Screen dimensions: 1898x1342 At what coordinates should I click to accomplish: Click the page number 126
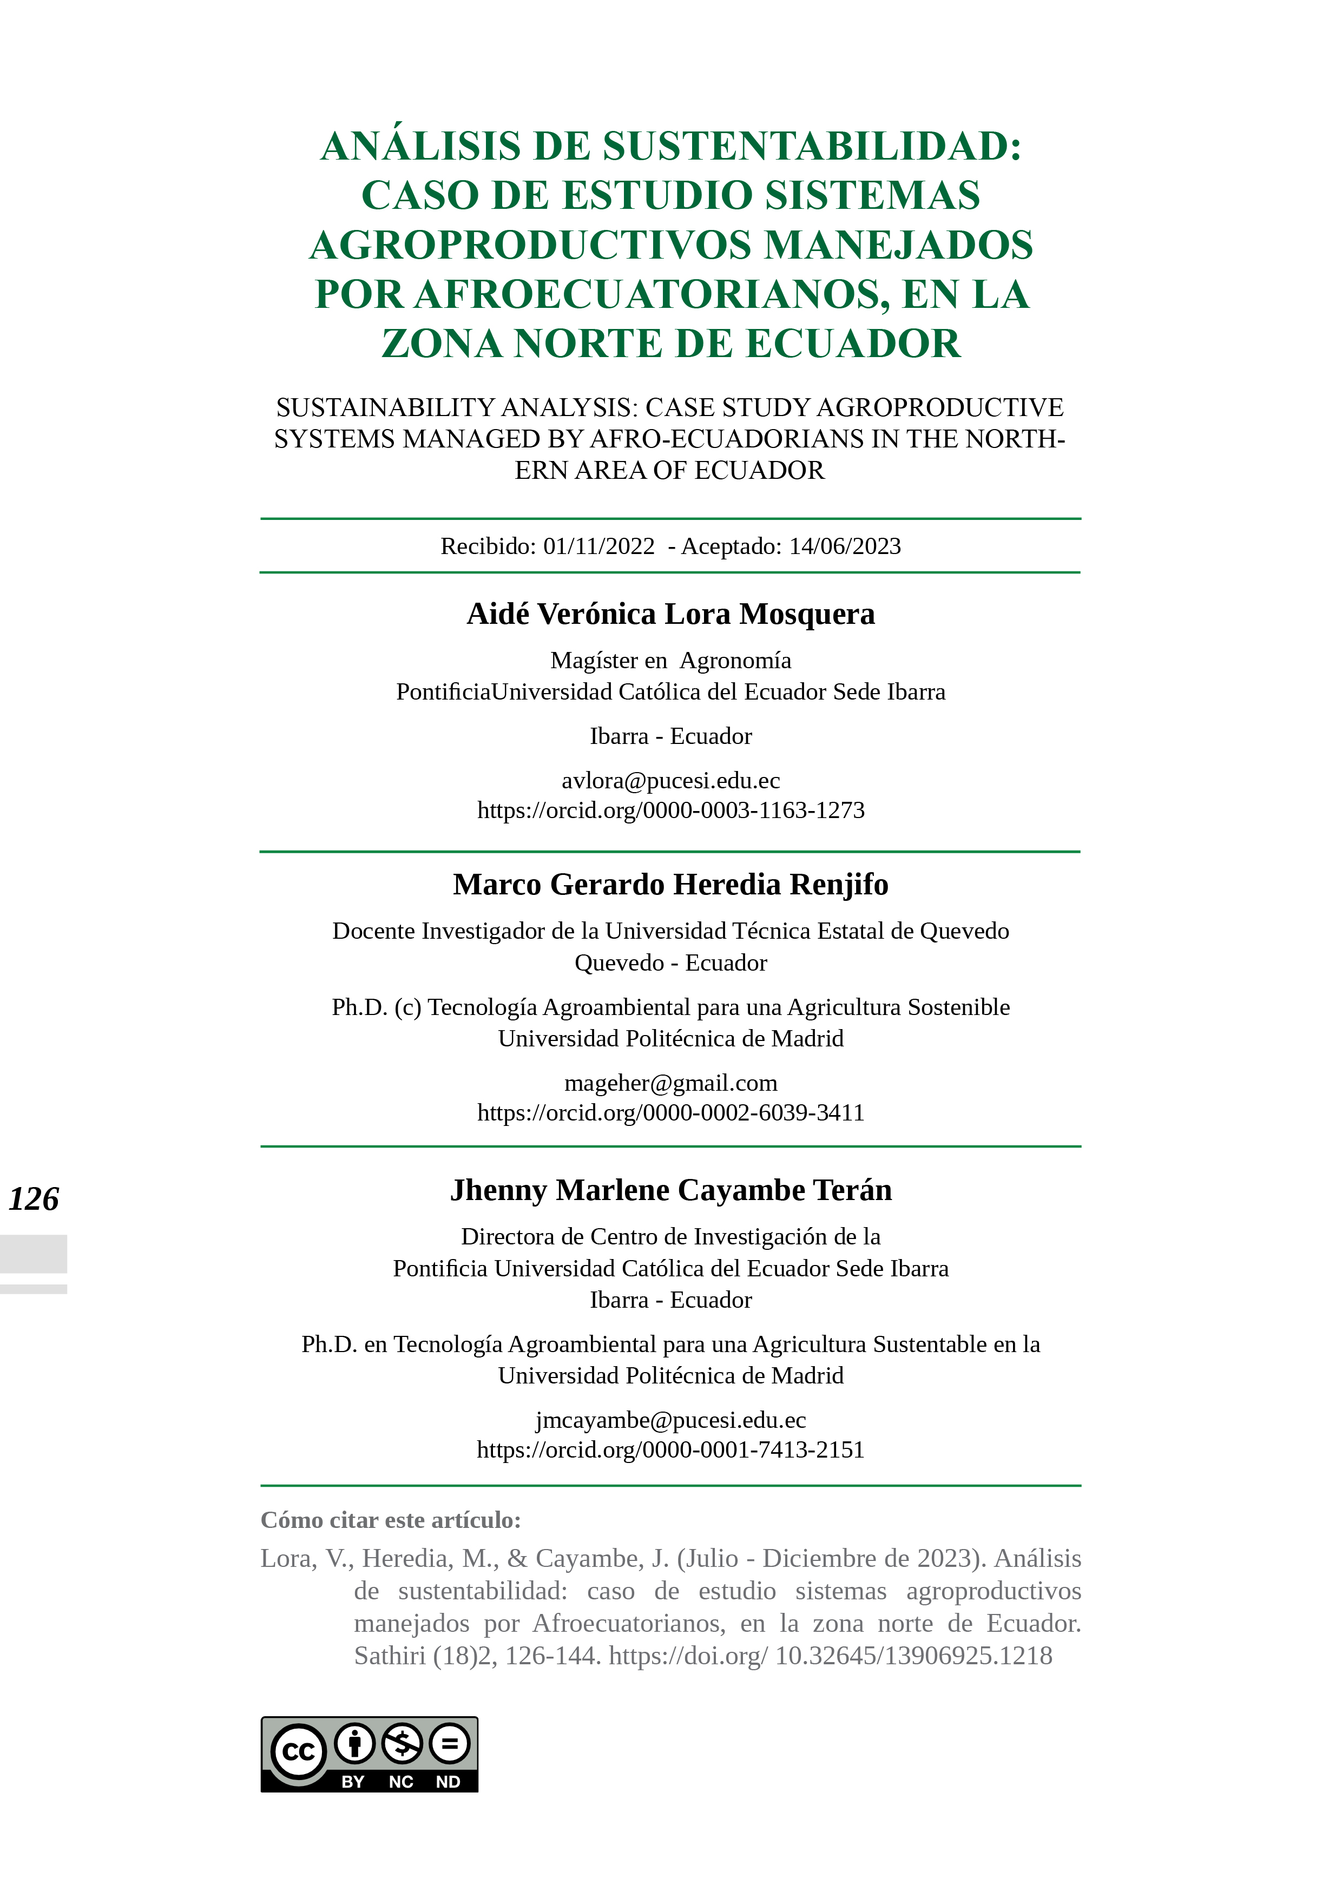coord(34,1198)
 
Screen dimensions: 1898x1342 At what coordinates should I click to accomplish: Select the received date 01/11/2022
coord(598,546)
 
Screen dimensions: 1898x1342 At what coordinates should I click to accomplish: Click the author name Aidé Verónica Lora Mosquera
coord(670,614)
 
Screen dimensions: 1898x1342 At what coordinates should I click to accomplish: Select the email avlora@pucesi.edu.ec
coord(670,780)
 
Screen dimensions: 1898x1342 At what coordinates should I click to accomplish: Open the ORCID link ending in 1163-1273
coord(670,810)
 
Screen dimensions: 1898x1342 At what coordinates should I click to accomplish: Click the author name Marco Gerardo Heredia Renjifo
coord(670,885)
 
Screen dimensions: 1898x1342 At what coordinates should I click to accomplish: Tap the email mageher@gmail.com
coord(670,1083)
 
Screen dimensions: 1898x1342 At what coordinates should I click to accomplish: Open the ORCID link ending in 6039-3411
coord(670,1113)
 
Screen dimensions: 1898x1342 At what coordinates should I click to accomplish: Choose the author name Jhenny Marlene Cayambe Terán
coord(670,1190)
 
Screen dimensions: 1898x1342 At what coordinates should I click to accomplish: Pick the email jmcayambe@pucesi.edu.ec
coord(670,1420)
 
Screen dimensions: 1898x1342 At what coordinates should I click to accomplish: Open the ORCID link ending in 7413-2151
coord(670,1450)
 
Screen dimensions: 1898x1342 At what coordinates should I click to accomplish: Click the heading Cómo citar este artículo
coord(390,1520)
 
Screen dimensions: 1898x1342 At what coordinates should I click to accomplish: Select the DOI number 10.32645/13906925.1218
coord(913,1656)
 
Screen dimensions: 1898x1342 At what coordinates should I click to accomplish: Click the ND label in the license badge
coord(448,1782)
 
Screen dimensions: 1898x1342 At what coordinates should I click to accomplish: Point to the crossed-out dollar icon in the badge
coord(403,1744)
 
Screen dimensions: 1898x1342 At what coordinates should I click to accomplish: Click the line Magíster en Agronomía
coord(670,661)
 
